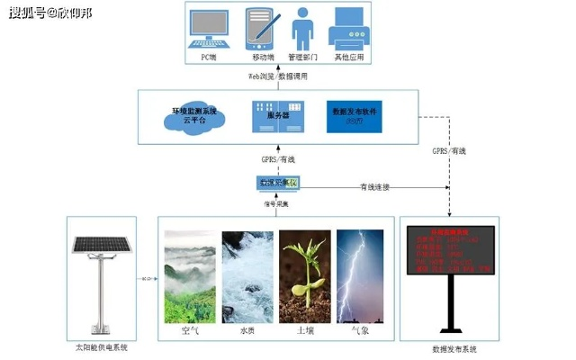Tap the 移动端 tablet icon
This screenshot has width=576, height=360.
coord(259,30)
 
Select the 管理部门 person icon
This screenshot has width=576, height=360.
coord(303,29)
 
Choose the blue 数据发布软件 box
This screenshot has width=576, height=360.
coord(352,116)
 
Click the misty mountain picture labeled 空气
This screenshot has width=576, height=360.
coord(189,275)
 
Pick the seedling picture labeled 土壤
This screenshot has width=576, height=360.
coord(304,275)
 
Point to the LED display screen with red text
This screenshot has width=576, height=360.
coord(447,251)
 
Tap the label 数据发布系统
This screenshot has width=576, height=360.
coord(448,348)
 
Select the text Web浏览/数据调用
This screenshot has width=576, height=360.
coord(278,76)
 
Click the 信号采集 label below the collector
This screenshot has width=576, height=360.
coord(275,203)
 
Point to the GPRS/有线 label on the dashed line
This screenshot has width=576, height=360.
coord(448,150)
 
